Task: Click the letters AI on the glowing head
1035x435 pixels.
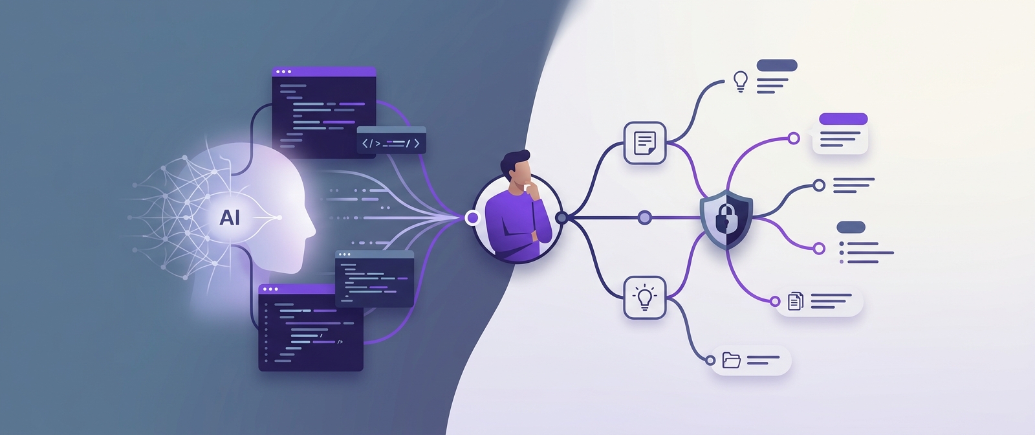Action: [x=230, y=217]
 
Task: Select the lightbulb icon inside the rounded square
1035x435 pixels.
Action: [x=644, y=298]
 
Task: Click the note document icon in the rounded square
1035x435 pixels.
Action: [x=644, y=143]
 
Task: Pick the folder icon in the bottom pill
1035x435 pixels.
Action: [x=732, y=360]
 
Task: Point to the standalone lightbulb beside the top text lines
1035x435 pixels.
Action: [x=741, y=82]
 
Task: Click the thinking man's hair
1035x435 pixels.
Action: [x=513, y=163]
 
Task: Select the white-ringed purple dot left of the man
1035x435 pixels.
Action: [x=472, y=217]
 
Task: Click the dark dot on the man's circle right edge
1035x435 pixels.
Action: [x=561, y=217]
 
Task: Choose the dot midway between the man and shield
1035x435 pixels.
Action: [x=644, y=217]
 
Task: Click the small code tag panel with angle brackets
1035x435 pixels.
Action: [x=391, y=140]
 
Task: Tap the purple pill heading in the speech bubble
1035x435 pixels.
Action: [x=844, y=119]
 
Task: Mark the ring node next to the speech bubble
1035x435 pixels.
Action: [x=794, y=139]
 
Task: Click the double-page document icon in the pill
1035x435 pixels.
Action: [x=795, y=301]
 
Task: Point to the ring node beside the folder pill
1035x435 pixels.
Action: [x=711, y=361]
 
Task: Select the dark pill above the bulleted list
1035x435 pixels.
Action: [x=851, y=227]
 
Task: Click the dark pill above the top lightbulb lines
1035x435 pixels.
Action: [x=777, y=65]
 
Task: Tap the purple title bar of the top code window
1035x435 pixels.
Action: [x=324, y=72]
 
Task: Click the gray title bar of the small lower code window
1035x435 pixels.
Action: [x=375, y=254]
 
